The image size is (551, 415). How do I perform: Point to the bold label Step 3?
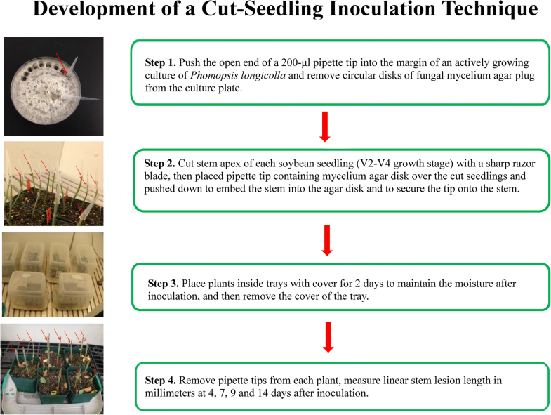pyautogui.click(x=164, y=283)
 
